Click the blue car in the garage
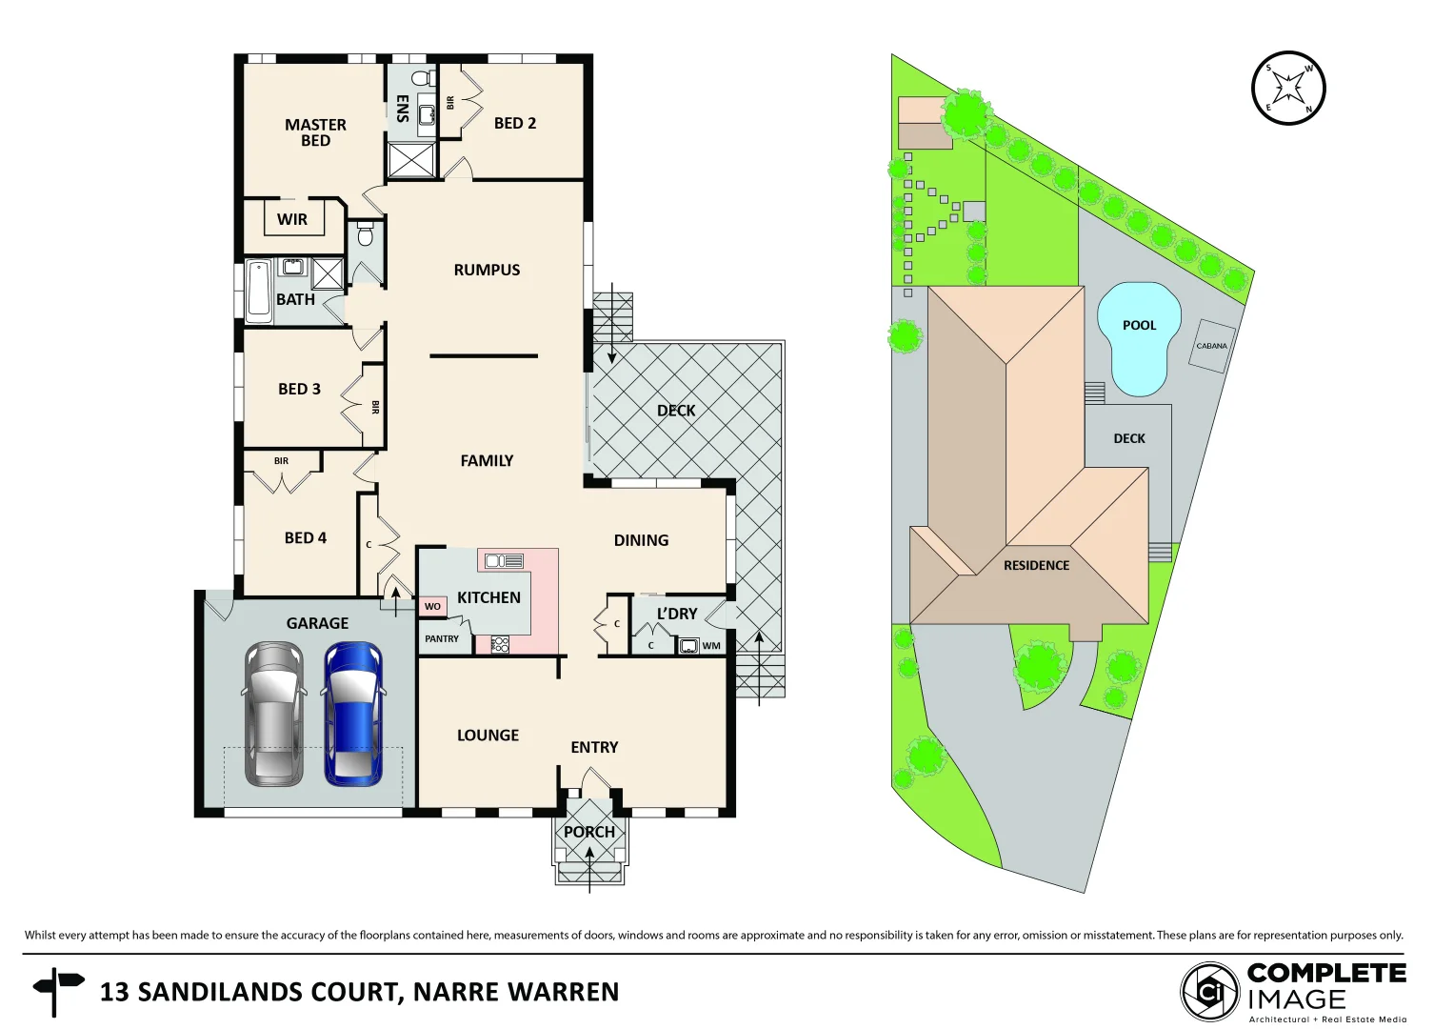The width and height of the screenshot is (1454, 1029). [x=353, y=714]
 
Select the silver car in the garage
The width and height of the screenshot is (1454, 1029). [x=274, y=714]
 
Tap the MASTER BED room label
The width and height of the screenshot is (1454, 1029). [x=315, y=132]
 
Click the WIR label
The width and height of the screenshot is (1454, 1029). [x=292, y=219]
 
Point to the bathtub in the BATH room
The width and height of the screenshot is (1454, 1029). [x=258, y=291]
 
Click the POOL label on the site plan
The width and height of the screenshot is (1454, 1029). [x=1139, y=326]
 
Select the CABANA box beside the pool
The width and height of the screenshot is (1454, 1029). [x=1211, y=346]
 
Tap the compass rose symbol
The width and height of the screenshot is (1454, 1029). [x=1287, y=89]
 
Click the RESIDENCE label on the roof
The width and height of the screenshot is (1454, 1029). [x=1036, y=565]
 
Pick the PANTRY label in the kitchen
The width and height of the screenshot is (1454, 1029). [x=442, y=639]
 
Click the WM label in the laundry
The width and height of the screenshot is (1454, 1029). [x=711, y=646]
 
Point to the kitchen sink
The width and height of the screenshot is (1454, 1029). [x=504, y=561]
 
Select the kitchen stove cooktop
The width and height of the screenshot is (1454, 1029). [x=500, y=645]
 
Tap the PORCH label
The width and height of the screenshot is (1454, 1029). [x=589, y=832]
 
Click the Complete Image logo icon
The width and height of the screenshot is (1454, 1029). [x=1210, y=992]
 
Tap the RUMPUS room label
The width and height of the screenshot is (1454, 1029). [x=487, y=270]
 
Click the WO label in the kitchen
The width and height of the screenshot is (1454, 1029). [x=432, y=606]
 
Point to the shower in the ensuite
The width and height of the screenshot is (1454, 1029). [x=411, y=160]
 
